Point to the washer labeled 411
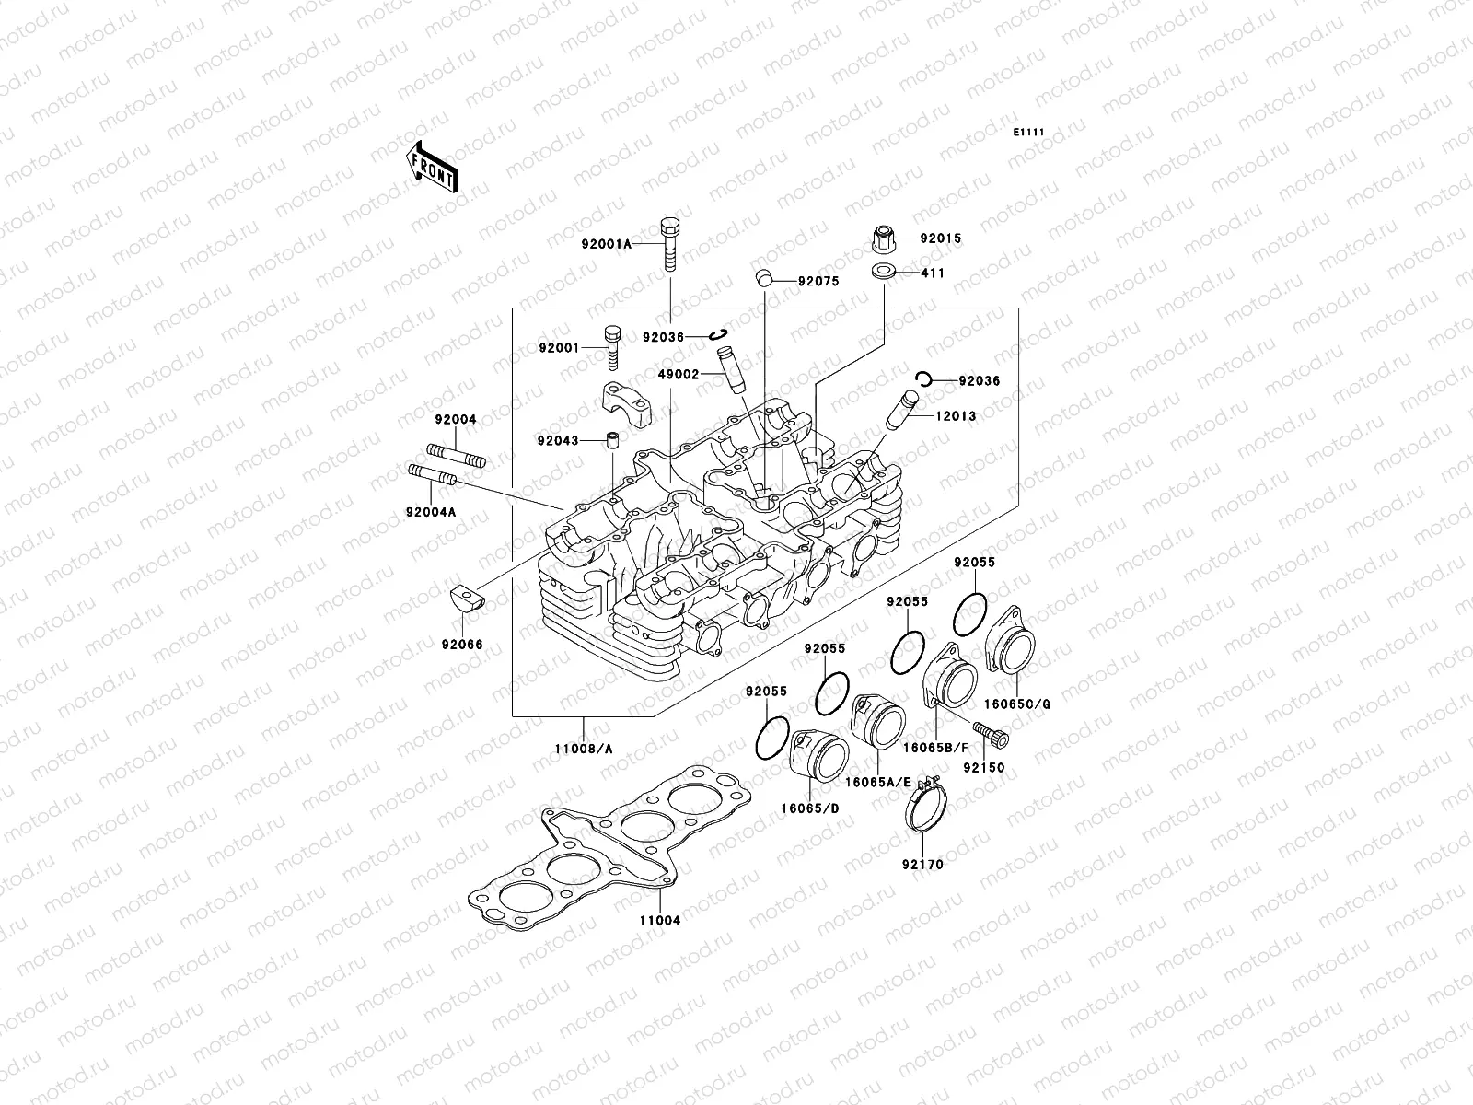886,273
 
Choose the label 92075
818,282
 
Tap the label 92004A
430,512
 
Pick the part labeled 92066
468,601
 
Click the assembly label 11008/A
585,749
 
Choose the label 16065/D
812,808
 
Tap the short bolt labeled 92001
612,348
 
